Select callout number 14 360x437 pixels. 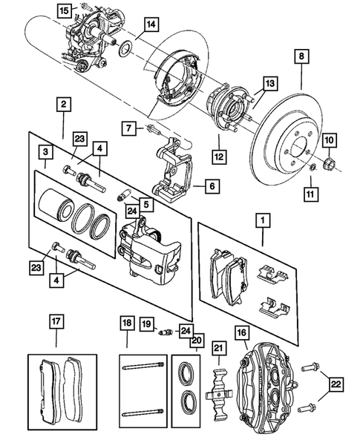coord(150,25)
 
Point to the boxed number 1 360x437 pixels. coord(261,221)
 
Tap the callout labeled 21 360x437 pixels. coord(218,349)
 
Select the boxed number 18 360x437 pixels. coord(127,323)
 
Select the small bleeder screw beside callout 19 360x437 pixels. coord(165,332)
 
